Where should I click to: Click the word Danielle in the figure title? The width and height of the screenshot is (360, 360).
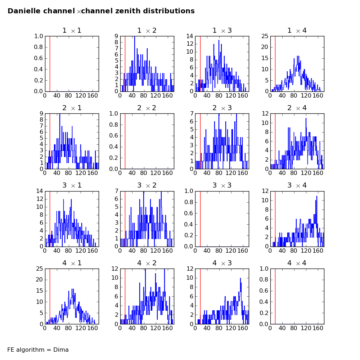pyautogui.click(x=24, y=11)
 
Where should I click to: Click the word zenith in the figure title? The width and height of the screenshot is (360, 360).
pyautogui.click(x=127, y=11)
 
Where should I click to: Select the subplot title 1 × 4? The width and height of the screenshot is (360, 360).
pyautogui.click(x=297, y=31)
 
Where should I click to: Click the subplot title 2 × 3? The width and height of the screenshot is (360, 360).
pyautogui.click(x=222, y=108)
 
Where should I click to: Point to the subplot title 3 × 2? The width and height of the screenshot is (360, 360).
pyautogui.click(x=147, y=185)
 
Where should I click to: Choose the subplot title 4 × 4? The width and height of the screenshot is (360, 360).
pyautogui.click(x=297, y=263)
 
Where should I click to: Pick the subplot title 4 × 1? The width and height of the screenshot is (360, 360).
pyautogui.click(x=72, y=263)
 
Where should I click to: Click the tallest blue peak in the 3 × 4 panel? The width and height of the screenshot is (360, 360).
pyautogui.click(x=316, y=196)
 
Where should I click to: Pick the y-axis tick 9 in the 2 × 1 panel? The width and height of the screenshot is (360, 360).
pyautogui.click(x=41, y=114)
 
